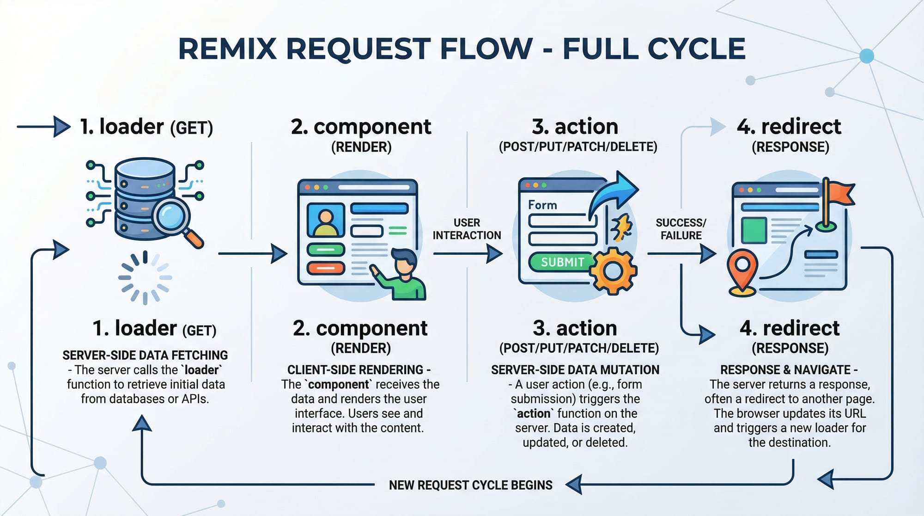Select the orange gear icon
pos(613,271)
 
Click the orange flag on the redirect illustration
pos(839,193)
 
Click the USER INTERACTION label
pos(467,229)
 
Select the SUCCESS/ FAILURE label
pos(681,229)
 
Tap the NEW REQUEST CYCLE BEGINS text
pos(470,485)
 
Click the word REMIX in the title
pos(227,49)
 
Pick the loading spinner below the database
pos(145,277)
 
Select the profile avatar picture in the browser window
pos(326,221)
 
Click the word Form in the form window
pos(542,205)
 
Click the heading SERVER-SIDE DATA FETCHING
pos(145,355)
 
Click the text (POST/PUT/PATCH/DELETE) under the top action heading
pos(578,147)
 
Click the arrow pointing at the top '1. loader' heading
pos(44,126)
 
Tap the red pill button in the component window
pos(326,268)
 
